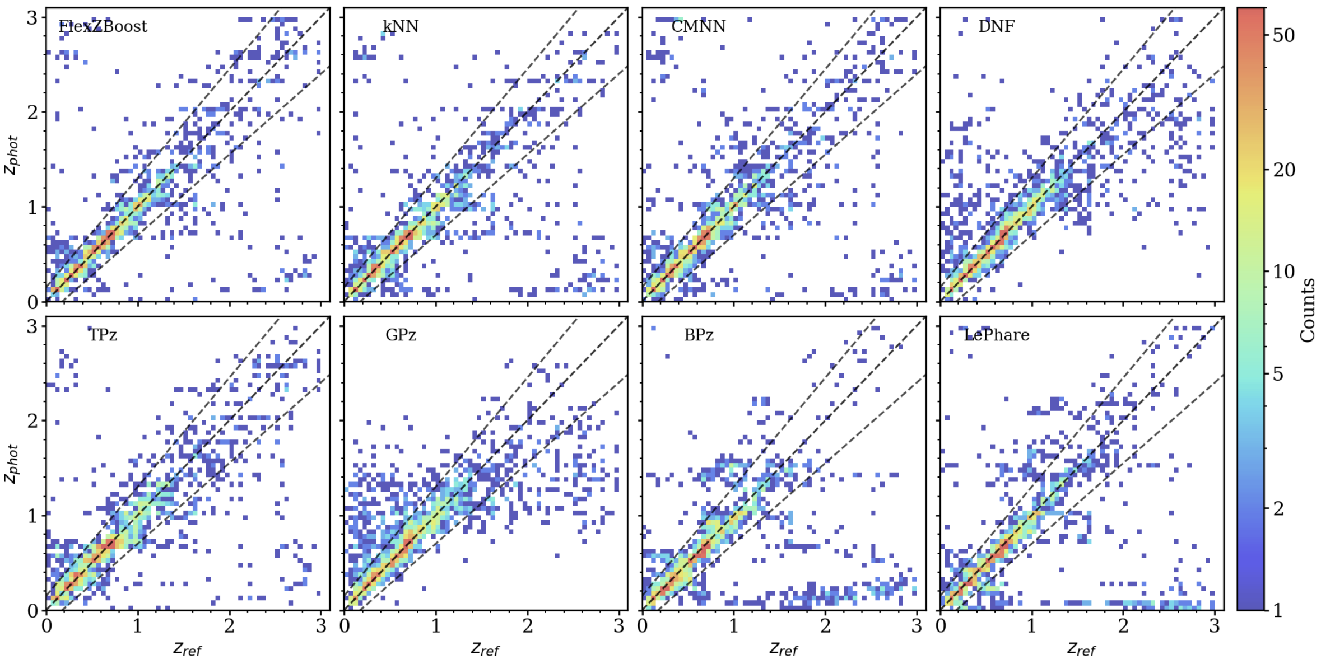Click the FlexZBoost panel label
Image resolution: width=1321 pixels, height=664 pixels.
coord(103,26)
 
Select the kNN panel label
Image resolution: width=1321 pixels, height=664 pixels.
coord(401,26)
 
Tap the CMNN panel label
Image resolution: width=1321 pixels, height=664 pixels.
coord(698,26)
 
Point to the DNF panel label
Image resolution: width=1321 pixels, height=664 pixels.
coord(996,26)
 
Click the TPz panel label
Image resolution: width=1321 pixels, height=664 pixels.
coord(103,335)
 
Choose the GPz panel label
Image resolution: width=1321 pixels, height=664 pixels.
coord(401,335)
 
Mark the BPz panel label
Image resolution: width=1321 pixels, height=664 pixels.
coord(699,335)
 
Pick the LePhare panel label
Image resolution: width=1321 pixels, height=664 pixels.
coord(996,335)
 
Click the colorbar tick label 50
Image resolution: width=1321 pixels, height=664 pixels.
coord(1283,35)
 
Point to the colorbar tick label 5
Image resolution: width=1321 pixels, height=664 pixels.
coord(1278,373)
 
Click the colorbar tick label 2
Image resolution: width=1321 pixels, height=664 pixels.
coord(1278,508)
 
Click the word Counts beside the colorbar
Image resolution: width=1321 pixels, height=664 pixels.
coord(1308,310)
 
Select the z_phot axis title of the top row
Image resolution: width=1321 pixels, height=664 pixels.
coord(12,155)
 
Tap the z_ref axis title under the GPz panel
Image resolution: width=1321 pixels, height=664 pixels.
coord(485,648)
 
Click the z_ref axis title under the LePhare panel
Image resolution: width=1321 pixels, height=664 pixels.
coord(1081,648)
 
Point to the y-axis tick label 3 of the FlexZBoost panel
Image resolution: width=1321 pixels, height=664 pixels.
coord(32,17)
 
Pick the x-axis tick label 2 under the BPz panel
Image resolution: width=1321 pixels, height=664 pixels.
coord(825,626)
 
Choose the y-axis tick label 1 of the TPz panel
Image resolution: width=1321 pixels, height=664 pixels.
coord(32,516)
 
